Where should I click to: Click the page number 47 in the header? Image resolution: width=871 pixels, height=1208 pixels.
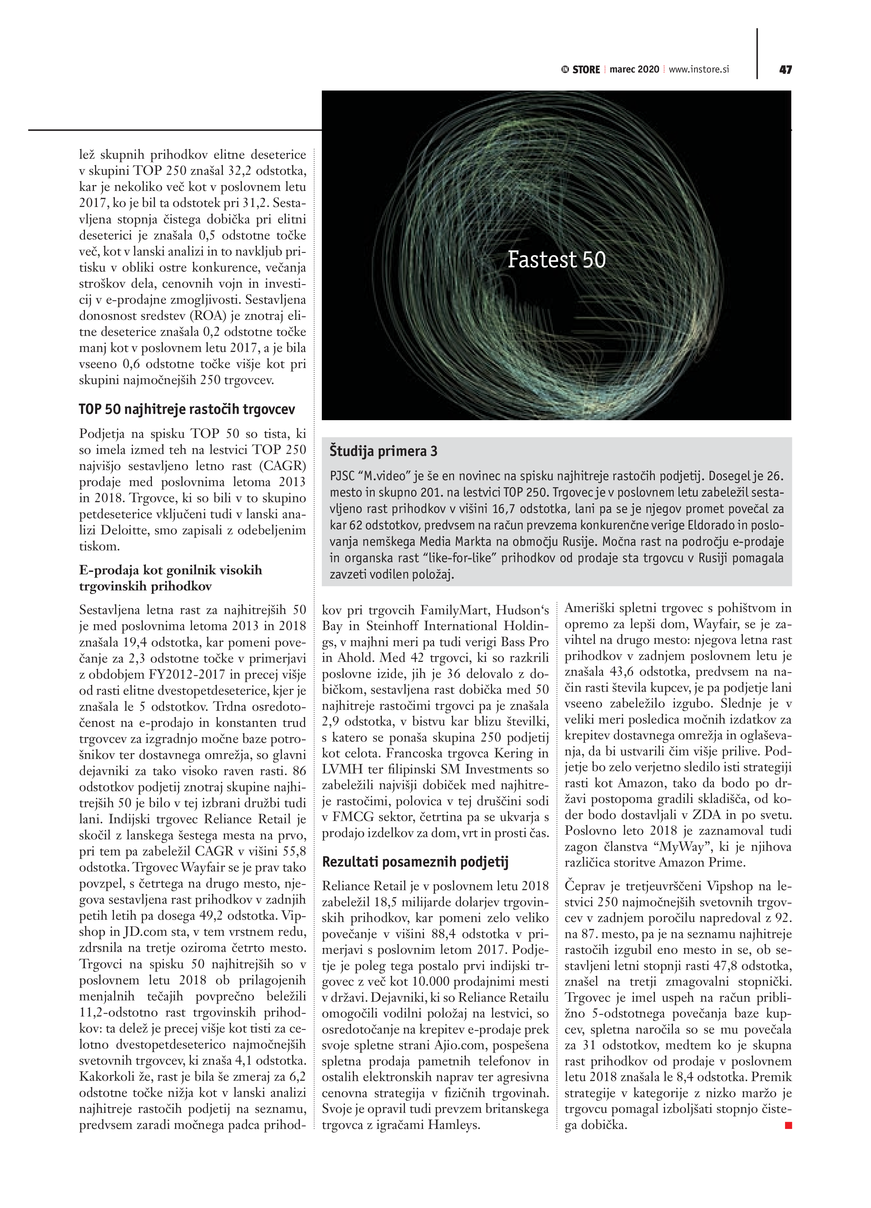point(785,70)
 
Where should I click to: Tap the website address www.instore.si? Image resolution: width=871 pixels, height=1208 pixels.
point(698,70)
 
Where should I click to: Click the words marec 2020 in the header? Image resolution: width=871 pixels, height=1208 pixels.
point(634,70)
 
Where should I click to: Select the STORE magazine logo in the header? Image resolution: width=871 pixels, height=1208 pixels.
point(581,70)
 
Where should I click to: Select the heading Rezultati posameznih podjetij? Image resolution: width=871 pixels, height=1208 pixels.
point(416,862)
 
